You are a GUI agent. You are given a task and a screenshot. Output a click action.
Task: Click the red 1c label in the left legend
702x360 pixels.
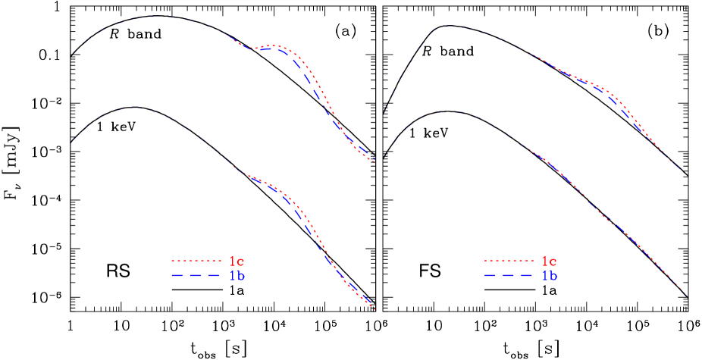coord(237,261)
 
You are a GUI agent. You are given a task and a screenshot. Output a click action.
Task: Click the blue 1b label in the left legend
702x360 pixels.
coord(237,276)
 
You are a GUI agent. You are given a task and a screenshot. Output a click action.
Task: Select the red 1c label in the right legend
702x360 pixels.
coord(550,261)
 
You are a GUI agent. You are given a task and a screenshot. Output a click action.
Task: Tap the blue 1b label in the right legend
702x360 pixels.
coord(550,276)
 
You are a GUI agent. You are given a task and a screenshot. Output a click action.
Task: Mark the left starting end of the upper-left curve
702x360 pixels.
coord(74,53)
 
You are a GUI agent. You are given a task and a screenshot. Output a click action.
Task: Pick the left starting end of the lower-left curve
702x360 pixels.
coord(71,142)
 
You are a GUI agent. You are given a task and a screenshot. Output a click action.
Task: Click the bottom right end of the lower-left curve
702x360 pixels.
coord(375,309)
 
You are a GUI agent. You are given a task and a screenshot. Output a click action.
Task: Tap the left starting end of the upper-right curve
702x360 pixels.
coord(383,112)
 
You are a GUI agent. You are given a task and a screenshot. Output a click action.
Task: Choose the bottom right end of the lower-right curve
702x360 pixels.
coord(688,296)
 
